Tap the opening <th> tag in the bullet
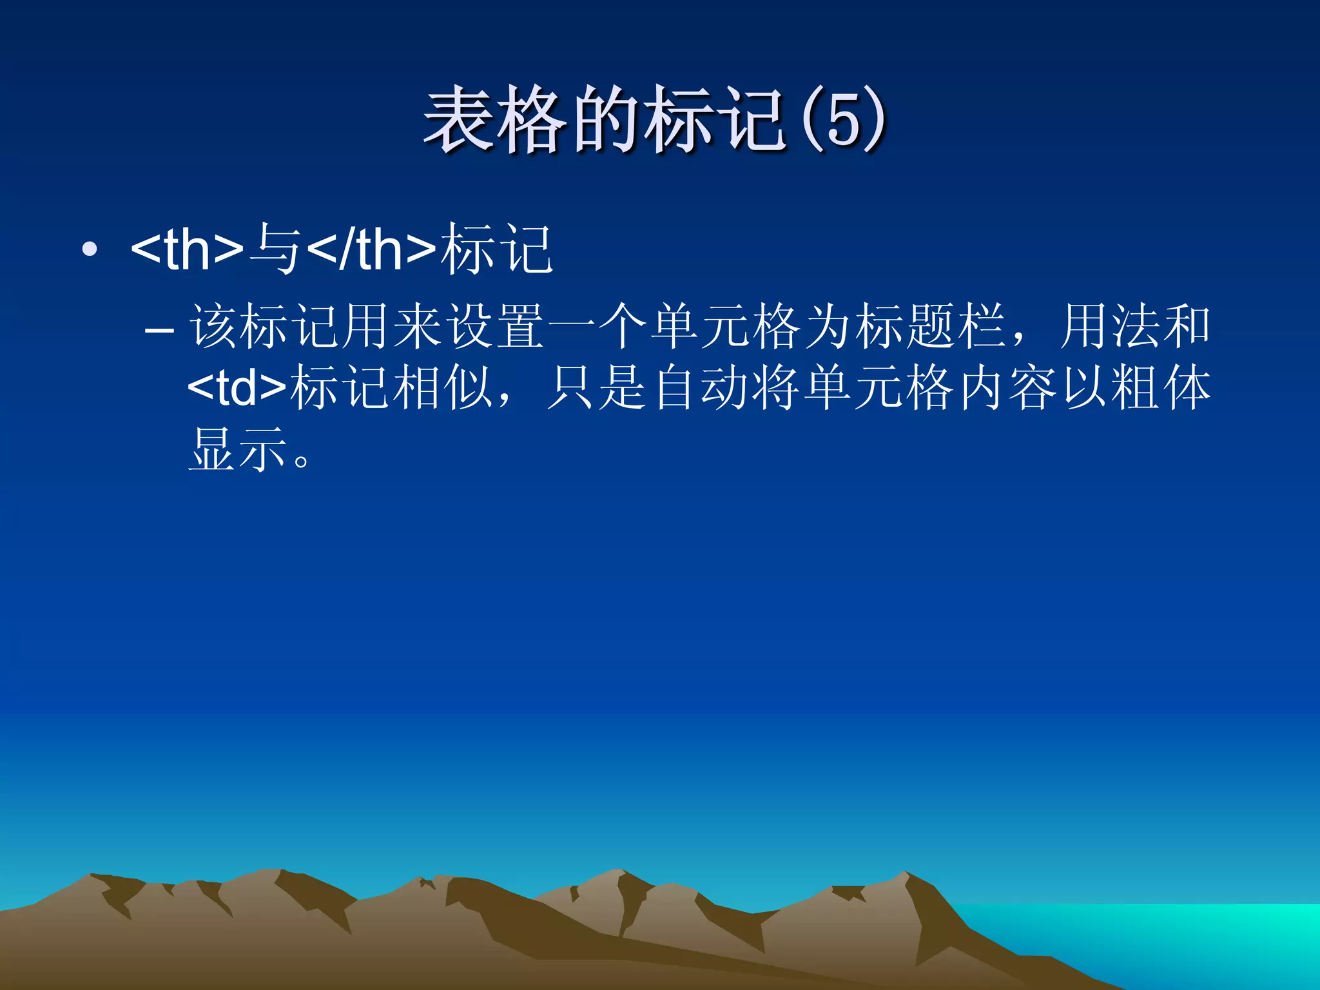point(187,249)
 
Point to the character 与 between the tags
point(275,249)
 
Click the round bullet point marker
point(90,249)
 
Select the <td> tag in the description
point(237,388)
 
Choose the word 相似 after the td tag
point(443,388)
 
